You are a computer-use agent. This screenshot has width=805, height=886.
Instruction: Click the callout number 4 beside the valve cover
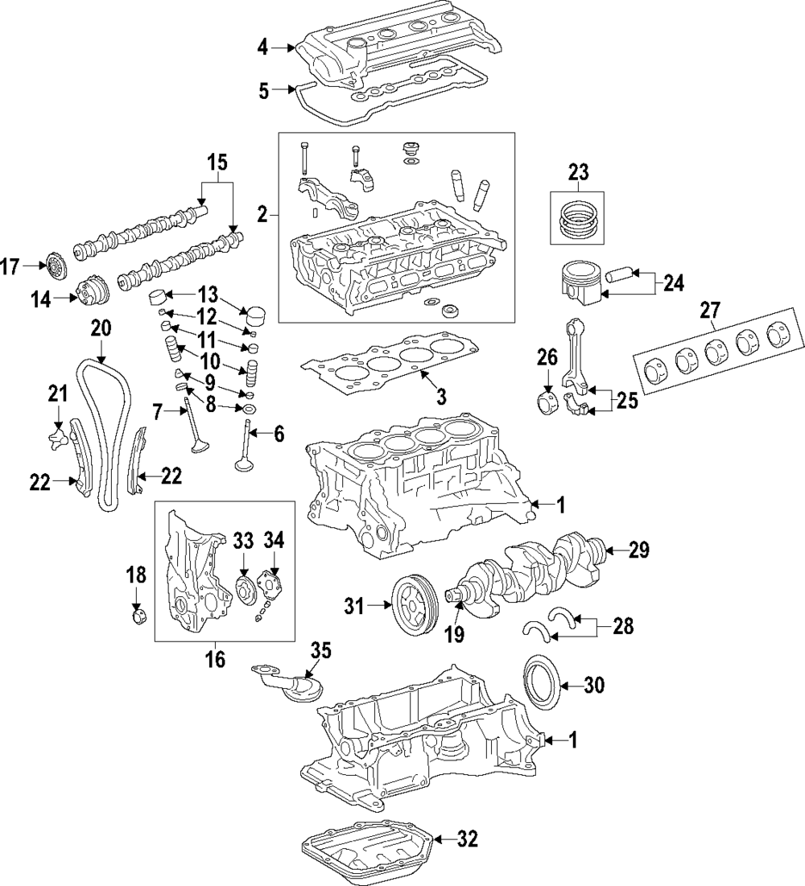click(262, 48)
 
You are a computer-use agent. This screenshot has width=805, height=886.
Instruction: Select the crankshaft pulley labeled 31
click(415, 602)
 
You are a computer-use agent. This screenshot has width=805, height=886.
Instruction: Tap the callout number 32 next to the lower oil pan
click(467, 840)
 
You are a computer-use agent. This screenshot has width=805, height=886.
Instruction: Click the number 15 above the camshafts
click(217, 163)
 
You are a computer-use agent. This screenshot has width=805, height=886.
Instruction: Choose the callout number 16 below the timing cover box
click(215, 660)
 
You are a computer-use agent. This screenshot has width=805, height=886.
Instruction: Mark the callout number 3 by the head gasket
click(442, 396)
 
